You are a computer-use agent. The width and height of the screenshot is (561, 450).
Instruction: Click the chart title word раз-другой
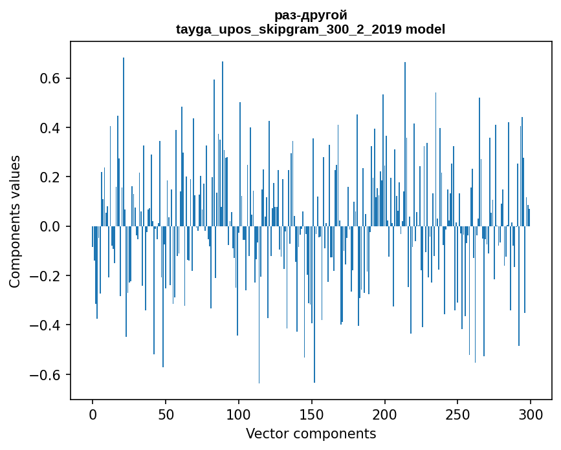tap(311, 15)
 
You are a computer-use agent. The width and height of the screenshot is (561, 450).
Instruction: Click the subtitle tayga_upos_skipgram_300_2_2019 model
tap(311, 29)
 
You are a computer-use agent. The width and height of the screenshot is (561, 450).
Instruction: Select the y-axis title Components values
tap(15, 221)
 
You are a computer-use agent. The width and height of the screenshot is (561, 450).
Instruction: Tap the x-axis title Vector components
tap(311, 433)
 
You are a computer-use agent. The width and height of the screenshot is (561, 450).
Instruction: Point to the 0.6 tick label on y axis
tap(50, 78)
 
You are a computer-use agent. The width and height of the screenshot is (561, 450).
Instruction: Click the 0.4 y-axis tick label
tap(50, 127)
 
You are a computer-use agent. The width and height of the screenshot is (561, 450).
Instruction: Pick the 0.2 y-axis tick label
tap(50, 177)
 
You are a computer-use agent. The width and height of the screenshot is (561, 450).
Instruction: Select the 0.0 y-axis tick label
tap(50, 226)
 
